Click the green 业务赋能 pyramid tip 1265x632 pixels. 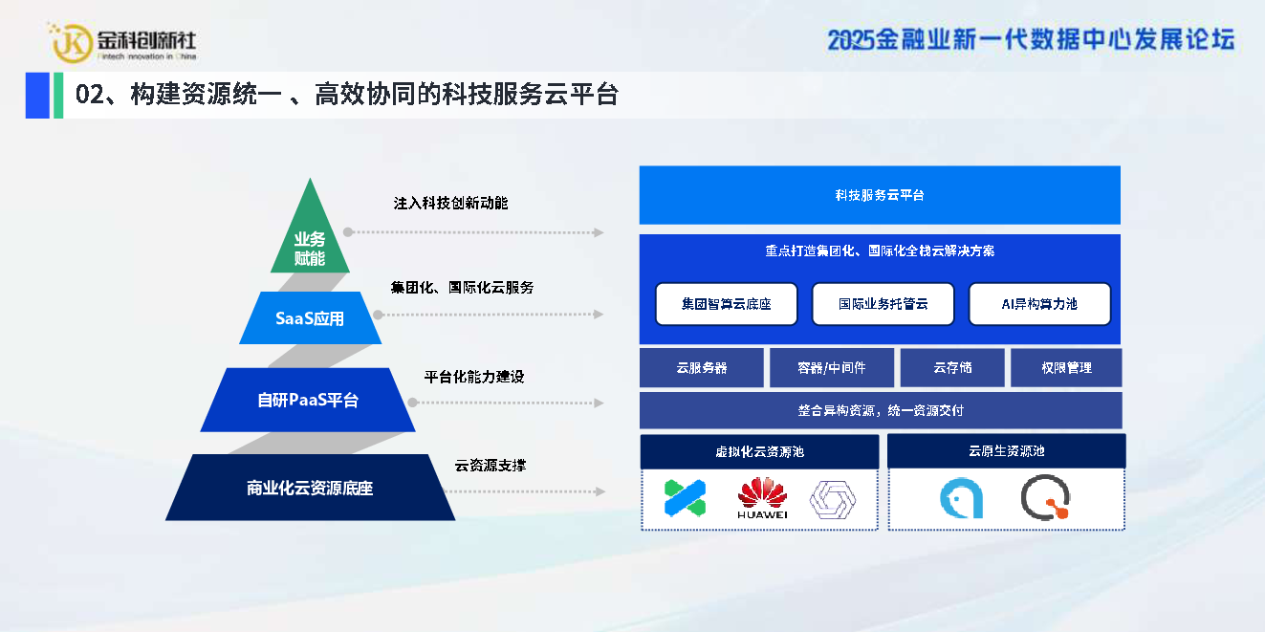(x=310, y=237)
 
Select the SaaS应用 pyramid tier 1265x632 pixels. (x=310, y=318)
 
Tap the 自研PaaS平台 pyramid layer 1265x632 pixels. (x=308, y=400)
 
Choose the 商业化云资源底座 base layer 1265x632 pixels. (x=310, y=488)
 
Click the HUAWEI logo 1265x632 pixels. (x=762, y=498)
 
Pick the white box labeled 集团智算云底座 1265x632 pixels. (x=727, y=304)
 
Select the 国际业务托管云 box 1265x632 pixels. (x=883, y=304)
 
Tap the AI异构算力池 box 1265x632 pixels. (x=1039, y=304)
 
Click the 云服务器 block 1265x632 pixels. (x=702, y=368)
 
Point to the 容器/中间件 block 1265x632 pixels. (x=832, y=368)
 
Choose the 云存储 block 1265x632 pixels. (x=952, y=368)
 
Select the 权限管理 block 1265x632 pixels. (x=1066, y=368)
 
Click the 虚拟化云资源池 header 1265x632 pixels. (x=759, y=451)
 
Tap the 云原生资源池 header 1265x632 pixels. (x=1006, y=450)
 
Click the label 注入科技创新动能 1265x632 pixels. (x=450, y=204)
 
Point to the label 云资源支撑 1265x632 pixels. (x=491, y=466)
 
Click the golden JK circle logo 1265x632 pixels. (x=72, y=43)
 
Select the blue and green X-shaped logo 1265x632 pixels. (x=685, y=498)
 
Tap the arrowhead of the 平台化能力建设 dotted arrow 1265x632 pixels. (x=600, y=403)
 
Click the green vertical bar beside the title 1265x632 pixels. (x=58, y=95)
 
